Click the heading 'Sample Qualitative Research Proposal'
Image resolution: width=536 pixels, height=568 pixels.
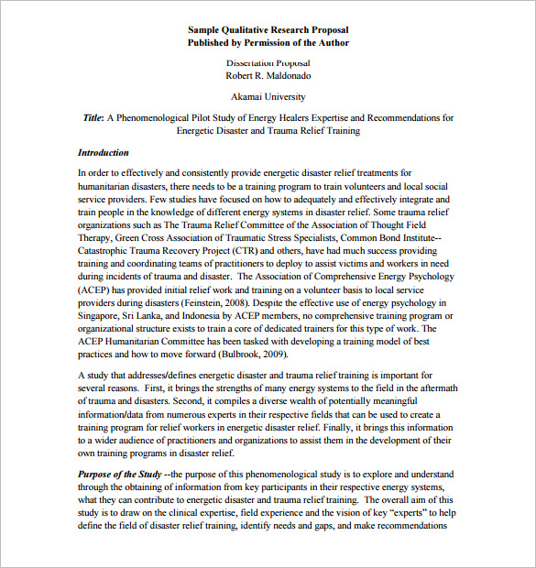(268, 29)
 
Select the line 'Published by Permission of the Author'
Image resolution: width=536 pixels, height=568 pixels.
(268, 43)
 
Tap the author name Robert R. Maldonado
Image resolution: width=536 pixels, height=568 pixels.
(268, 76)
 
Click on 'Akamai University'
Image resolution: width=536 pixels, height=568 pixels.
(268, 97)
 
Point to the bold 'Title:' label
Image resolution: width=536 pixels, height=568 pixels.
(93, 118)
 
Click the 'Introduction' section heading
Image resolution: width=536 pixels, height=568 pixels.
(104, 153)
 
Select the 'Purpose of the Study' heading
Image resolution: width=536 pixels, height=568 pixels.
(119, 474)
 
